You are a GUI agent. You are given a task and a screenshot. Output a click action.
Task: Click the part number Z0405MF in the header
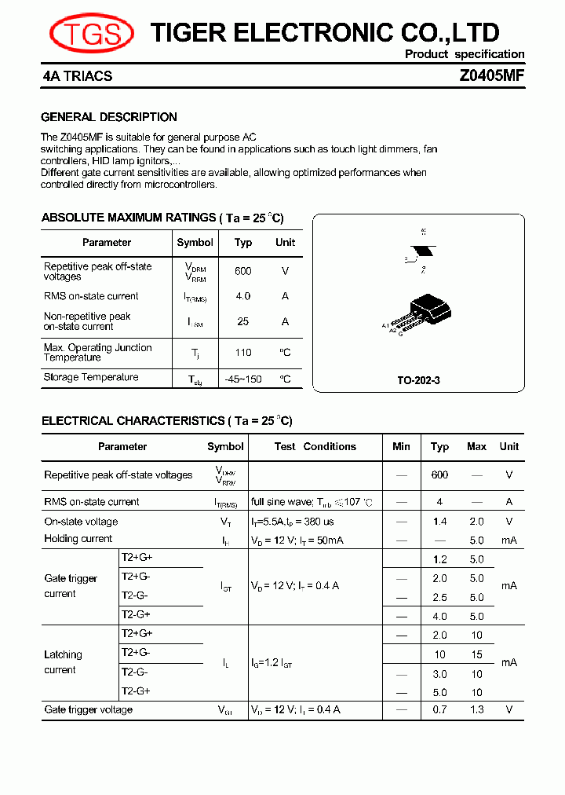coord(491,76)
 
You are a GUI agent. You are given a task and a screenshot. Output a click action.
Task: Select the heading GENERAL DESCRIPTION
coord(109,117)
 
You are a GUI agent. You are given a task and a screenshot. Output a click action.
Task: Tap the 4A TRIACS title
coord(78,76)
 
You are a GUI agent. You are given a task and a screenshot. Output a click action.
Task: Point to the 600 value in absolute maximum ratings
coord(243,271)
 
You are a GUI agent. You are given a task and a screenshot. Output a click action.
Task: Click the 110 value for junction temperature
coord(243,353)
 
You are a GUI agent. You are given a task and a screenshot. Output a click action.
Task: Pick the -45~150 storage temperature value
coord(243,379)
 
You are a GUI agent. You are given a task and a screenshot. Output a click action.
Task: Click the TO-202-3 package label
coord(418,380)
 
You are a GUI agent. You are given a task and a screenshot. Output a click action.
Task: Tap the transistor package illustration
coord(428,310)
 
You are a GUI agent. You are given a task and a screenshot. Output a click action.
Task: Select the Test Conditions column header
coord(315,446)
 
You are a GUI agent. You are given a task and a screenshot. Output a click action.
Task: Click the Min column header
coord(401,446)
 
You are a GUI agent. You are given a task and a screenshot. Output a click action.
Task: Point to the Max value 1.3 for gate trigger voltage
coord(476,710)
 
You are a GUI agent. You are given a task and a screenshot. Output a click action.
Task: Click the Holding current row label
coord(78,539)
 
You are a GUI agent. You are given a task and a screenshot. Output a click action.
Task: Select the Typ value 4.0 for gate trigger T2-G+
coord(439,617)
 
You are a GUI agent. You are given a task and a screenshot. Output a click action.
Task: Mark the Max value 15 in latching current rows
coord(476,654)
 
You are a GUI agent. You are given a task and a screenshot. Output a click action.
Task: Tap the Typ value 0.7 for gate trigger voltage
coord(439,710)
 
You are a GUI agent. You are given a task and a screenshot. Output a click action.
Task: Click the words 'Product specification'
coord(465,54)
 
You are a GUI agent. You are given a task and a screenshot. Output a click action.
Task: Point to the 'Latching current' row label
coord(63,662)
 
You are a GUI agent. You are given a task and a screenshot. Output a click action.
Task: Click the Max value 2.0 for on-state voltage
coord(476,522)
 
